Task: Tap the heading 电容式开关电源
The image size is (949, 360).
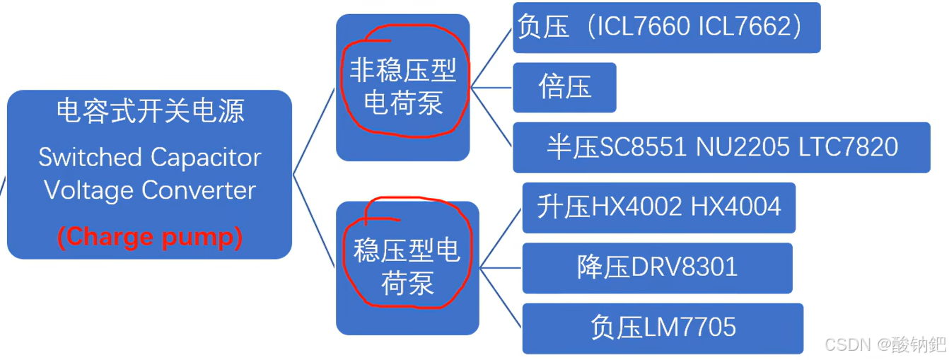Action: tap(150, 110)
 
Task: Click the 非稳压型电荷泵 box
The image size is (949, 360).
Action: tap(402, 87)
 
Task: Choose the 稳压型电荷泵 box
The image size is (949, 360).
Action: tap(407, 267)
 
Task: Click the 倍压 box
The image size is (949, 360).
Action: tap(564, 87)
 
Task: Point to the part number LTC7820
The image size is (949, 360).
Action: tap(849, 147)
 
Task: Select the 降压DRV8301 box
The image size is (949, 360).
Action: tap(657, 267)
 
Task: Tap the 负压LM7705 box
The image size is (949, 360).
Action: tap(663, 327)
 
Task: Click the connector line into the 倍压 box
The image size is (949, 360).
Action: tap(493, 88)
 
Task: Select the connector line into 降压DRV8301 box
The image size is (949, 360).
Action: tap(501, 268)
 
